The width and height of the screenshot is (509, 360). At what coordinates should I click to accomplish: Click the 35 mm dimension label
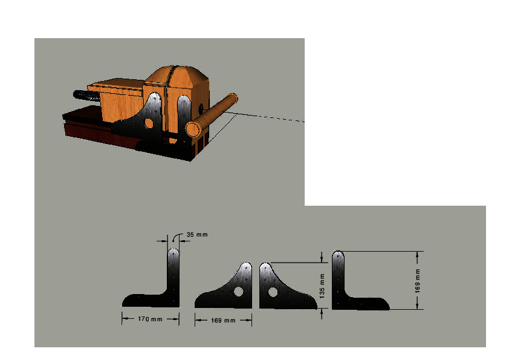click(x=197, y=235)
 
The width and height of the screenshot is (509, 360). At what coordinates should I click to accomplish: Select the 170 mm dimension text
click(x=150, y=319)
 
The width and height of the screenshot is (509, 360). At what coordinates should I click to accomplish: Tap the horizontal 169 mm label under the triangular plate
click(x=223, y=320)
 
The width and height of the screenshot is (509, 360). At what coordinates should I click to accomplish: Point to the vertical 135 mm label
click(x=322, y=286)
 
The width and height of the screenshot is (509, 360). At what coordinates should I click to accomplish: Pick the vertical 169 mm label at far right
click(x=418, y=281)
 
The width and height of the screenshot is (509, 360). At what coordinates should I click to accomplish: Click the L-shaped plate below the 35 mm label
click(x=173, y=292)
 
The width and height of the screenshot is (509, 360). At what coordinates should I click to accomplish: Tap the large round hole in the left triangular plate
click(x=239, y=292)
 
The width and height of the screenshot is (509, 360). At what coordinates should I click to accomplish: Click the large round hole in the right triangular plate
click(x=273, y=292)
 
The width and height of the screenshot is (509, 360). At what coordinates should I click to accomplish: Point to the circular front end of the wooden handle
click(x=193, y=129)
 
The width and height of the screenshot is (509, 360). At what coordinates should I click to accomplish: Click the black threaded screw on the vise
click(x=86, y=96)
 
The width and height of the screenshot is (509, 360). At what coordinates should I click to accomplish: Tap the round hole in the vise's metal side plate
click(x=149, y=123)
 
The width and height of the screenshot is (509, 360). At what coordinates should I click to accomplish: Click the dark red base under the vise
click(x=97, y=130)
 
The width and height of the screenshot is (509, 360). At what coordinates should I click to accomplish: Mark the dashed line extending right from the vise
click(x=265, y=117)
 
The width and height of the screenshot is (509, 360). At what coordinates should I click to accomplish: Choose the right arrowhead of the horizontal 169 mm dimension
click(x=249, y=320)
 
